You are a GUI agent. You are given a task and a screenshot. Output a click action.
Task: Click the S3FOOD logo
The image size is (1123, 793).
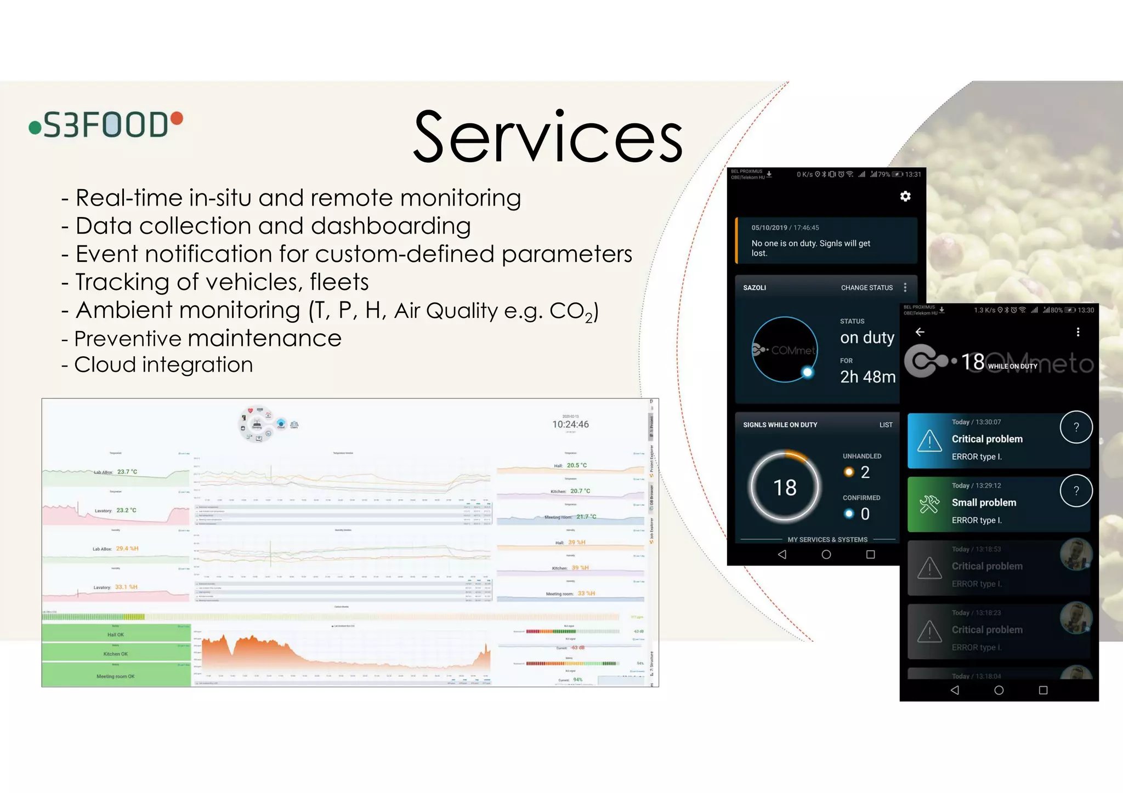tap(106, 124)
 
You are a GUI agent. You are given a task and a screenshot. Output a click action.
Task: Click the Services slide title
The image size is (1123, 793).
tap(548, 137)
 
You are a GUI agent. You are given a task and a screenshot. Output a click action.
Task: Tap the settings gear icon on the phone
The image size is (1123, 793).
tap(905, 196)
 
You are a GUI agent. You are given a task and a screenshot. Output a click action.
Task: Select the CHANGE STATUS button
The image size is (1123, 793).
tap(867, 288)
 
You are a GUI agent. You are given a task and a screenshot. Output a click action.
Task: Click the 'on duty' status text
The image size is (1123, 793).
tap(867, 337)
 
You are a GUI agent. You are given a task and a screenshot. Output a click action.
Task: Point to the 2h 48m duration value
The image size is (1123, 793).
tap(867, 377)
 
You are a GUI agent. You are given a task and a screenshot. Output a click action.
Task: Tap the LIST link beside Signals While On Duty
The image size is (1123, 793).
tap(886, 425)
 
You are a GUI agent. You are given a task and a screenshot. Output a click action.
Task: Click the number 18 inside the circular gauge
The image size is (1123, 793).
tap(785, 487)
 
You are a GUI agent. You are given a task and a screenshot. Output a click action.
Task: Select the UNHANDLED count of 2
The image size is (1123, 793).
tap(865, 472)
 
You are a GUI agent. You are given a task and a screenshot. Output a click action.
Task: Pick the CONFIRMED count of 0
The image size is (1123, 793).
tap(865, 514)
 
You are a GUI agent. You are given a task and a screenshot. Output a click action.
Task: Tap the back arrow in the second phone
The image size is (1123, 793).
tap(920, 332)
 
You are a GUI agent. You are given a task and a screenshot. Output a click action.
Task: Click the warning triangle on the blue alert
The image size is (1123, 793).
tap(929, 441)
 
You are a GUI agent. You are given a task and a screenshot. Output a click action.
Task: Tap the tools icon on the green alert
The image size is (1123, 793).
tap(929, 504)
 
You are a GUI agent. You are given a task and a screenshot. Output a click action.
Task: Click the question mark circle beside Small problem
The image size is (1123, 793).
tap(1076, 491)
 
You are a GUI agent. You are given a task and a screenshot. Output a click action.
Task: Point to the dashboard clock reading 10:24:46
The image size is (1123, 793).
tap(570, 424)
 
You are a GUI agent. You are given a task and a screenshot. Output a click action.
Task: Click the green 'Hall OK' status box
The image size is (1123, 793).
tap(116, 635)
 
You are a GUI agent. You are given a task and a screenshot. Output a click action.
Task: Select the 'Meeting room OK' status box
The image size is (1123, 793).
tap(116, 676)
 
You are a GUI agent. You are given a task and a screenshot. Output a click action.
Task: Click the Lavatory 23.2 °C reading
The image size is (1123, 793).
tap(126, 510)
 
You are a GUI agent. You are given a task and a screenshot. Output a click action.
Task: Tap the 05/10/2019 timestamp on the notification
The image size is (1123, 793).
tap(769, 227)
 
